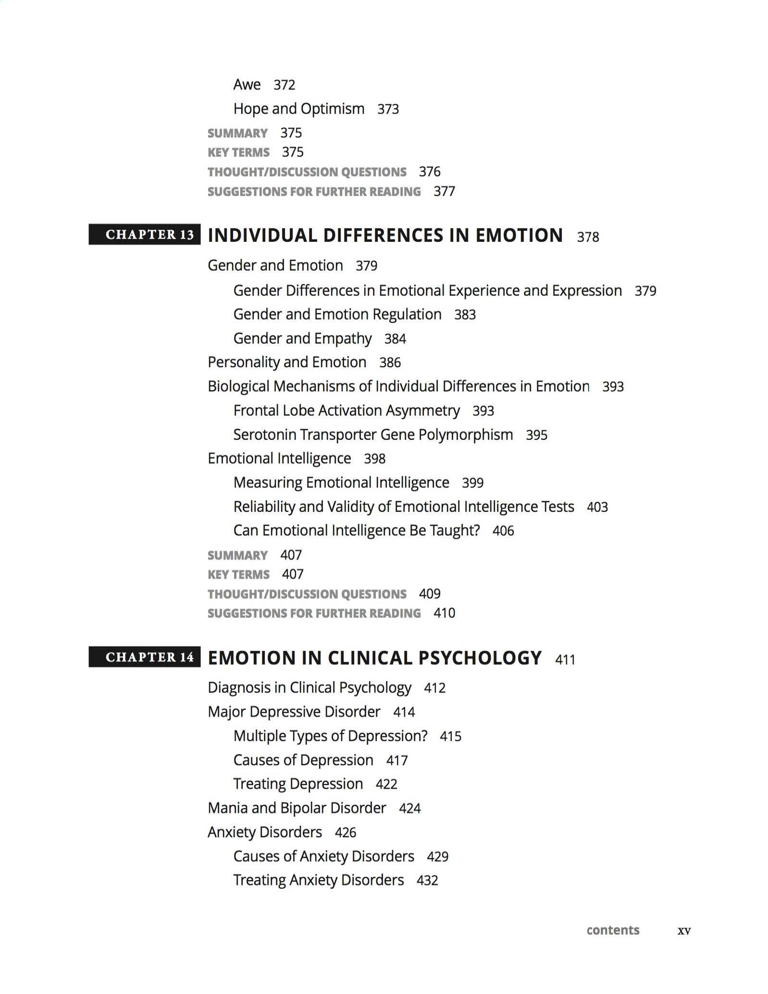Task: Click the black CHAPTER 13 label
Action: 145,235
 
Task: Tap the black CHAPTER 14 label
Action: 145,657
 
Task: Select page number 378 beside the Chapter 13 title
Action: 588,237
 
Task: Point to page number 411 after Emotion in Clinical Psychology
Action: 565,659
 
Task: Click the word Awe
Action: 247,85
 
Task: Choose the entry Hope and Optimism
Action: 299,109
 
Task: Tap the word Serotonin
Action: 264,435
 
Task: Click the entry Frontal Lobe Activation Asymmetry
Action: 347,410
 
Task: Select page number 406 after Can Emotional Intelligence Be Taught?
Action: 503,531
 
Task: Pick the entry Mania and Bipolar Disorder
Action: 297,808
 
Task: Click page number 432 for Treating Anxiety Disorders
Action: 427,880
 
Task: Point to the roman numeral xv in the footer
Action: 684,931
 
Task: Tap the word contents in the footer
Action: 613,930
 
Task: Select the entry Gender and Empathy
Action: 302,338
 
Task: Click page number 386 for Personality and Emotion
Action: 390,362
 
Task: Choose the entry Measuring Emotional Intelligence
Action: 341,482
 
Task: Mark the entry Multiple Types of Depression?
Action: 330,736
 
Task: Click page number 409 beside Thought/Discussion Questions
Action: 430,594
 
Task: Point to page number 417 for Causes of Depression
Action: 397,760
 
